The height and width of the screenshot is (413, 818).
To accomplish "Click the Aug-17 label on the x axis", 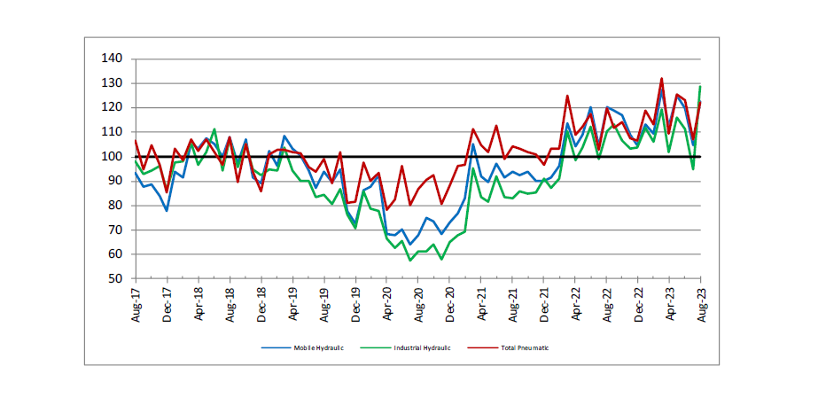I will [x=136, y=304].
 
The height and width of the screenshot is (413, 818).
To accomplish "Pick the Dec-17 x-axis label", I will [x=167, y=304].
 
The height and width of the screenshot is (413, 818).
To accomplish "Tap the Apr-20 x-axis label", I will [x=386, y=304].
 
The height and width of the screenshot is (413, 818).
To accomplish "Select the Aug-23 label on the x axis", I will [x=701, y=304].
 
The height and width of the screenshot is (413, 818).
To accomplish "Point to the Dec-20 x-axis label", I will [x=449, y=304].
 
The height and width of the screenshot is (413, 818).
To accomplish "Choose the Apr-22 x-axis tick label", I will [x=575, y=304].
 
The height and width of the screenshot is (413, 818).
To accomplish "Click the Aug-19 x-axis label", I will [x=324, y=304].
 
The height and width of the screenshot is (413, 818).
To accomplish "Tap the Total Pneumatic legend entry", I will [x=523, y=348].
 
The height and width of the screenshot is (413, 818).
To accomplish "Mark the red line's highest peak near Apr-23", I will [x=661, y=78].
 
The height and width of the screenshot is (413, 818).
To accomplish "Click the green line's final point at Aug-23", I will [x=701, y=86].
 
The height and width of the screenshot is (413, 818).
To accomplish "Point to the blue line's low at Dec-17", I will [x=167, y=210].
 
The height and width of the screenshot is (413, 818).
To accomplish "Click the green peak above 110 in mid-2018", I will [x=214, y=129].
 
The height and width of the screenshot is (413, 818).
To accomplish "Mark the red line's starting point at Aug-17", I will [x=136, y=140].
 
